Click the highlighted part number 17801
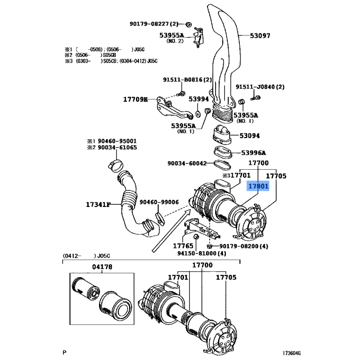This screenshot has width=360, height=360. coord(257,185)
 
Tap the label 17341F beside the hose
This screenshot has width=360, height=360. coord(98,204)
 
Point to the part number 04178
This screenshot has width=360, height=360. coord(102,267)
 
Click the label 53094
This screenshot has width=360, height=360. coord(250,135)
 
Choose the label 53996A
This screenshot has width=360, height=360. coord(253,153)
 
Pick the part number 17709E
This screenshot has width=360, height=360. coord(135,99)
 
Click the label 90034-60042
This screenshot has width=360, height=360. coord(187,163)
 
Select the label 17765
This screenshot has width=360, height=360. coord(183,246)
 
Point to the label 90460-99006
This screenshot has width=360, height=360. coord(159,202)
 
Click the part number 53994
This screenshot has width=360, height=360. coord(198,99)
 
